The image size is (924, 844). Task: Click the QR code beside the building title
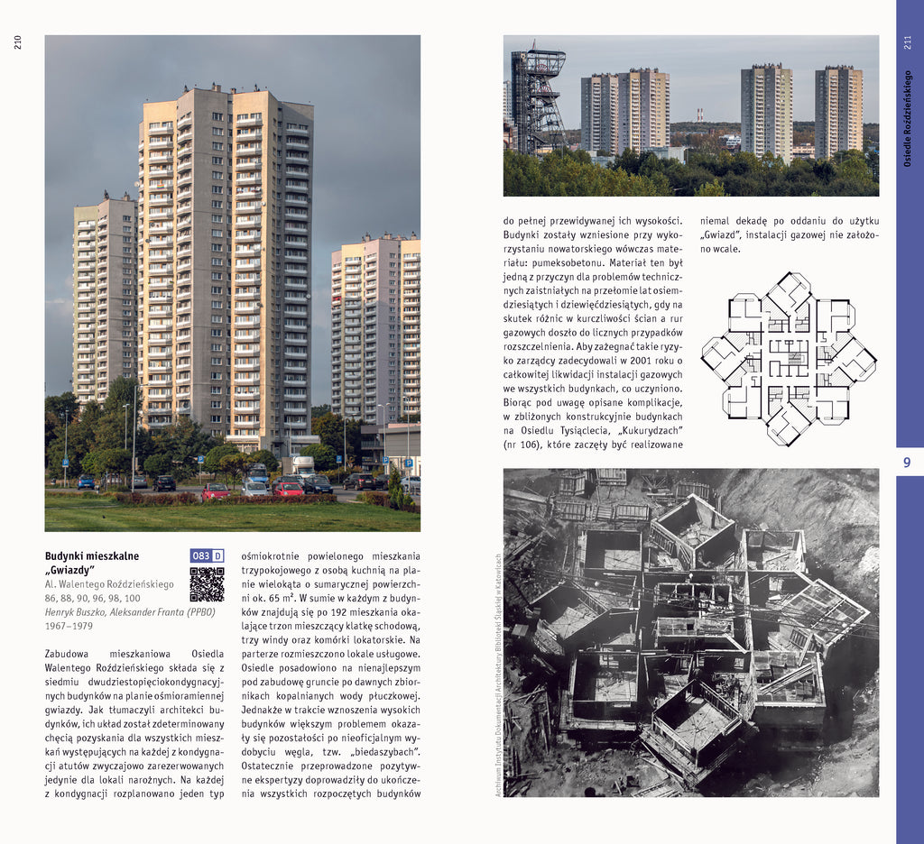tap(207, 584)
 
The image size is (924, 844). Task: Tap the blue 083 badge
tap(201, 555)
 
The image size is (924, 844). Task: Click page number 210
tap(18, 42)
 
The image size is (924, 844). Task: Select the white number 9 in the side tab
tap(907, 463)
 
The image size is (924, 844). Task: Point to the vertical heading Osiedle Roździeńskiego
tap(908, 117)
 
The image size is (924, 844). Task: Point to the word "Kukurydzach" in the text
tap(644, 429)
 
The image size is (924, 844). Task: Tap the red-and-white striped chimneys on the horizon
tap(699, 116)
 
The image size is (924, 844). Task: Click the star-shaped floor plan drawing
tap(788, 358)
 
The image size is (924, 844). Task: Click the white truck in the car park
tap(303, 465)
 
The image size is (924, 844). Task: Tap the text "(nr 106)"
tap(523, 444)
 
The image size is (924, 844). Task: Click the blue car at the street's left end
tap(86, 482)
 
